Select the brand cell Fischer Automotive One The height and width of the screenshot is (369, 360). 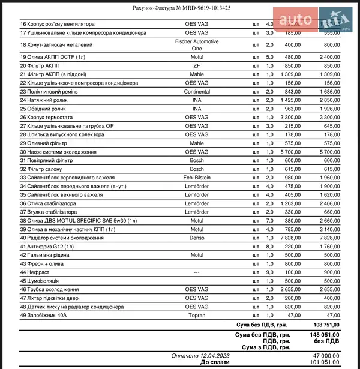pyautogui.click(x=197, y=45)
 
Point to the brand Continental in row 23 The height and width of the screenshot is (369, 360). pyautogui.click(x=197, y=92)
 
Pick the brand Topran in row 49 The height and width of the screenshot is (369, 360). pyautogui.click(x=197, y=316)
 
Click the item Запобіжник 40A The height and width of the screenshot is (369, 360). pyautogui.click(x=44, y=316)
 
